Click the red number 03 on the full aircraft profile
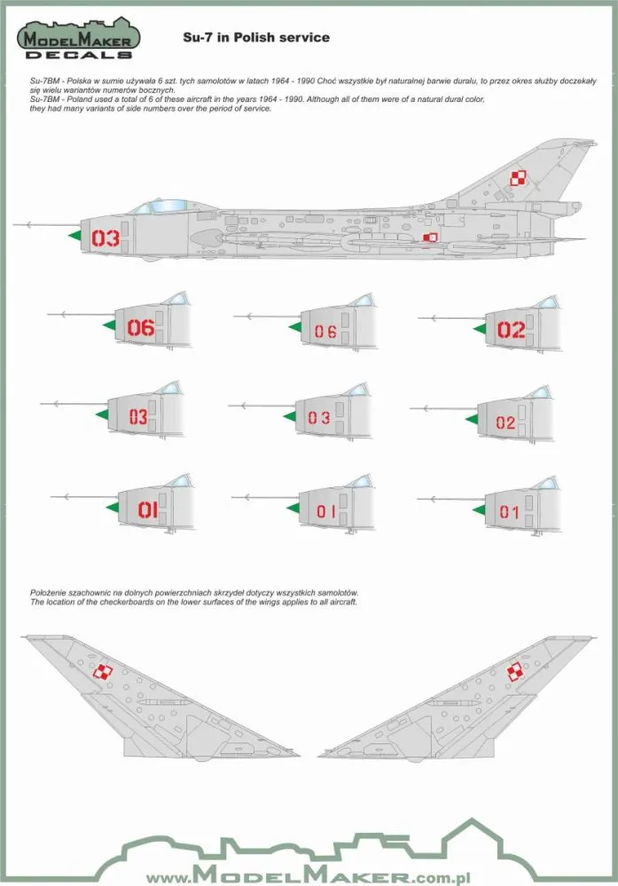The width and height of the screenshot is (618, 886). pyautogui.click(x=105, y=237)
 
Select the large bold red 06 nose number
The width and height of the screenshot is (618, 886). pyautogui.click(x=141, y=329)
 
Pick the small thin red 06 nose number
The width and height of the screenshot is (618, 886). pyautogui.click(x=325, y=332)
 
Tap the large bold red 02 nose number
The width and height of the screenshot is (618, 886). pyautogui.click(x=511, y=330)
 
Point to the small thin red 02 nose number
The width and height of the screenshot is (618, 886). pyautogui.click(x=505, y=423)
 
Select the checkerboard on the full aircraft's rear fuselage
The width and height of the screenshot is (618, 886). pyautogui.click(x=430, y=237)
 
